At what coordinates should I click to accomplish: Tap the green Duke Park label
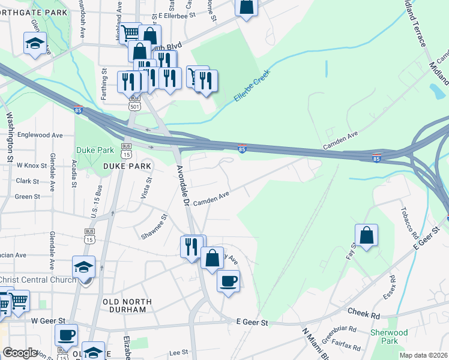pos(91,150)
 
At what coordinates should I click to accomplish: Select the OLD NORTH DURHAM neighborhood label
pos(125,305)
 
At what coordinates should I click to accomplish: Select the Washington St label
pos(10,138)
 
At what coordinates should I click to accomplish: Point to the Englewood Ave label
pos(40,136)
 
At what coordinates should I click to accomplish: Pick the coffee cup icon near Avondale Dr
pos(228,281)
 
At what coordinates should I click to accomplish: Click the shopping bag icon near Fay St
pos(366,235)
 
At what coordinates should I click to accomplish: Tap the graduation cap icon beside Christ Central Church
pos(83,266)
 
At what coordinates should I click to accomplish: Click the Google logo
pos(20,353)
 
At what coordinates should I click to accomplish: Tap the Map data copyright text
pos(423,355)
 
